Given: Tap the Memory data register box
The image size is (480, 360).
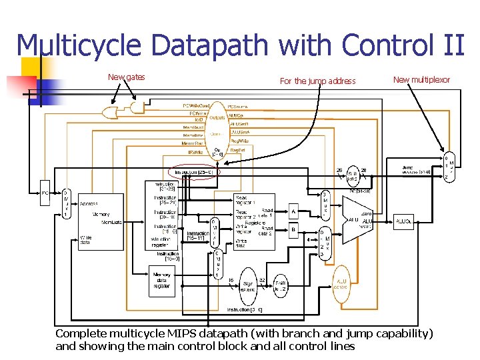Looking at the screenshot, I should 161,281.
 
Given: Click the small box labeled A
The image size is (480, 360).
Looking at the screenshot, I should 294,212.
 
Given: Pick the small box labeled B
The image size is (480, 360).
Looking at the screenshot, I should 294,231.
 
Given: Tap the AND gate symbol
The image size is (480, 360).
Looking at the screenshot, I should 138,106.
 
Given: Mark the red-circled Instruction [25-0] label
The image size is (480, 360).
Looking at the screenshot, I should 193,172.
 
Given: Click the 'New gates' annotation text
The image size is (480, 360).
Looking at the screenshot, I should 127,77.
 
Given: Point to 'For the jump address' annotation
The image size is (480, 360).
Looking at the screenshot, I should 318,81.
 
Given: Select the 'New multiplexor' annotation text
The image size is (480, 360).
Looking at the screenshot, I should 421,80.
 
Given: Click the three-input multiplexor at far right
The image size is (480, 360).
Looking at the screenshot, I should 449,167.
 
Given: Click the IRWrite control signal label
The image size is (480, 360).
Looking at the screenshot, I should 195,153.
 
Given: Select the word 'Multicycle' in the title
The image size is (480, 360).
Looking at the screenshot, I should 79,45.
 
